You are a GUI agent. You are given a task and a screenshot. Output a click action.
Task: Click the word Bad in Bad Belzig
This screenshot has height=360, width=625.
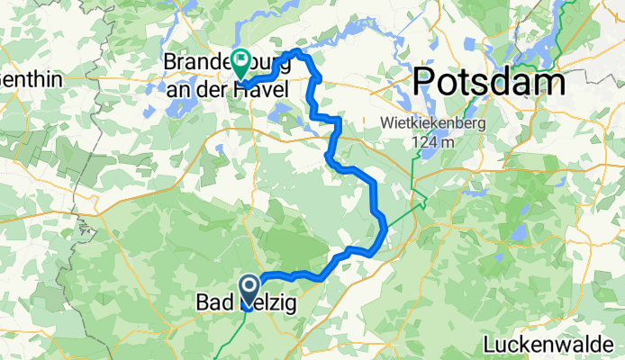(212, 306)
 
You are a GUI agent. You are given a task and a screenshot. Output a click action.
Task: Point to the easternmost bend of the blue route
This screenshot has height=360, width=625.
(386, 230)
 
